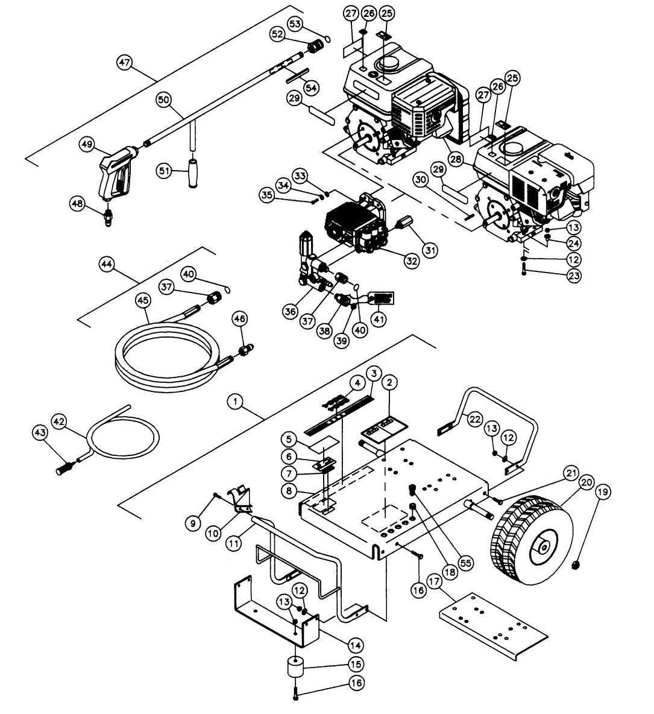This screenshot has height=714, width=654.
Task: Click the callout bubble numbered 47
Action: pos(125,63)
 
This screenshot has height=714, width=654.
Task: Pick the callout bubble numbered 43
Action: pos(40,433)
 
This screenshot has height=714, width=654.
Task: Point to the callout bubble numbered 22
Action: pos(476,419)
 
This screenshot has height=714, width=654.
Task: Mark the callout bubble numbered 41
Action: pos(379,317)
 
